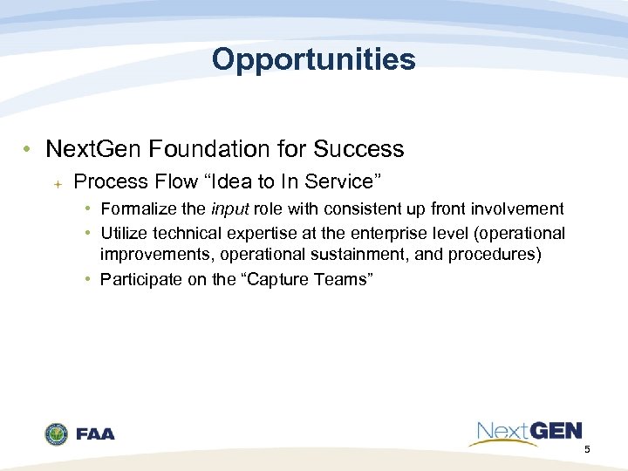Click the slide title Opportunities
coord(313,59)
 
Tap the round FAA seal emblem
coord(57,433)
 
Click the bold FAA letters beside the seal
coord(95,434)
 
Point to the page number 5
coord(587,449)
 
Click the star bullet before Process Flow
coord(56,182)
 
